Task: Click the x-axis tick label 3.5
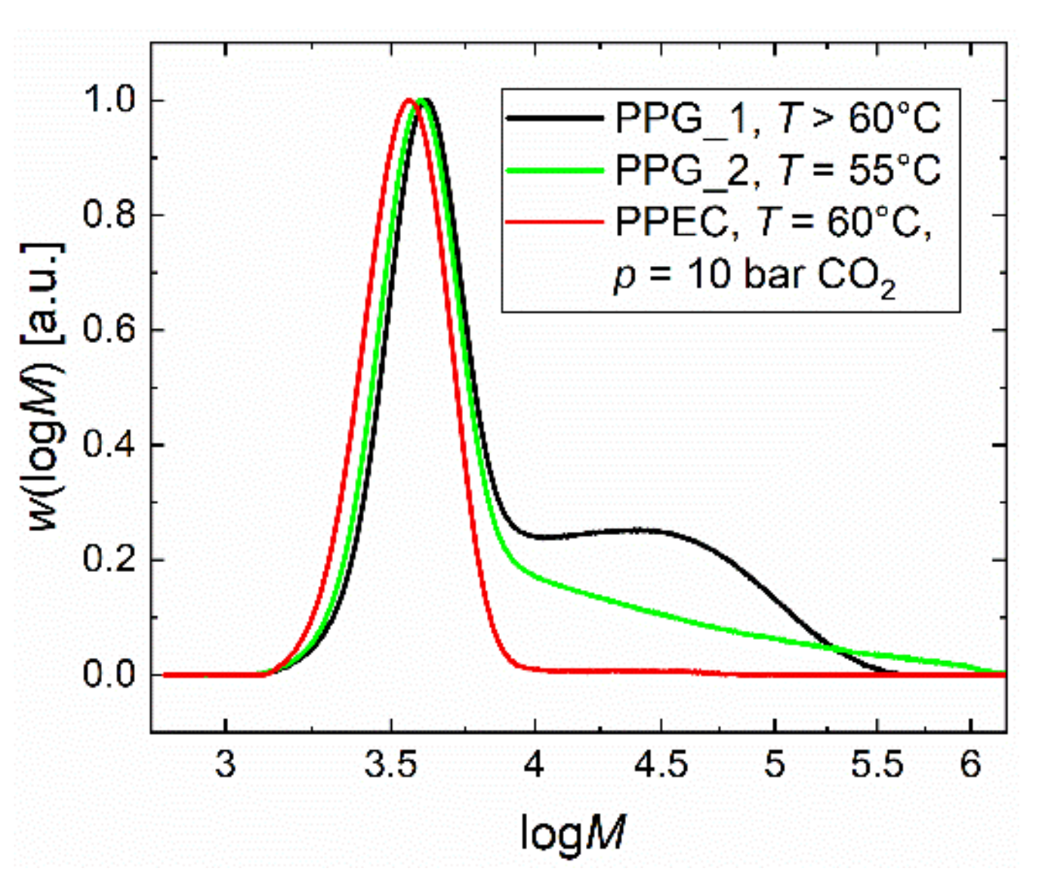(x=390, y=765)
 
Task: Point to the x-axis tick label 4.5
(x=661, y=765)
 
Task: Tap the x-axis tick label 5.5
(x=877, y=765)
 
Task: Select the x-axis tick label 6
(x=970, y=765)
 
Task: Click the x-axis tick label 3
(x=225, y=765)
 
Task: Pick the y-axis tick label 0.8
(x=109, y=215)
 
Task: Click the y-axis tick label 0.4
(x=109, y=445)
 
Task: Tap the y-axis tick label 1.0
(x=109, y=100)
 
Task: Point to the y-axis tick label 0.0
(x=109, y=675)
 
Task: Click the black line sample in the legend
(x=555, y=119)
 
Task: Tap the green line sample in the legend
(x=555, y=171)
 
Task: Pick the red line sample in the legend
(x=555, y=222)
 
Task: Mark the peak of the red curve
(x=408, y=100)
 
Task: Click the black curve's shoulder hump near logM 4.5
(x=642, y=530)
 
